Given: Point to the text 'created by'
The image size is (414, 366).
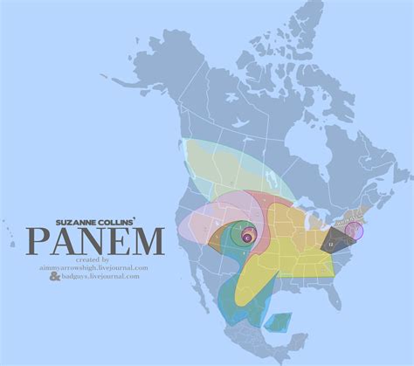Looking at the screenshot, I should click(x=93, y=259).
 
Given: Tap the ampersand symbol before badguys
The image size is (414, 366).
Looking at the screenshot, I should click(x=55, y=276).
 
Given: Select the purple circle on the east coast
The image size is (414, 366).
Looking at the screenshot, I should click(x=354, y=231).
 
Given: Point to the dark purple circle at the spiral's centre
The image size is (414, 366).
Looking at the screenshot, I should click(x=247, y=234).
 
